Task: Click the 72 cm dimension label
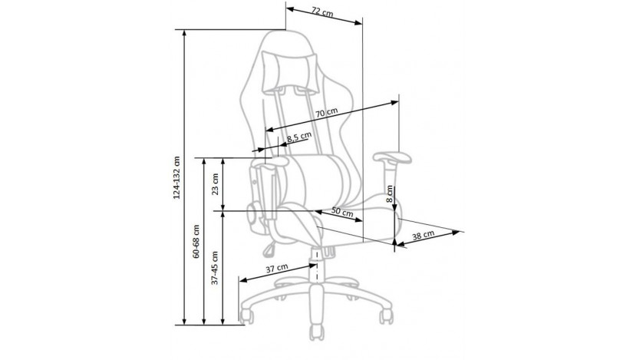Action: pyautogui.click(x=322, y=12)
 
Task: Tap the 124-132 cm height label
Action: pyautogui.click(x=176, y=177)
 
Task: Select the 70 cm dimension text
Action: pyautogui.click(x=326, y=113)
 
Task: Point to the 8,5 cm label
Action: pyautogui.click(x=299, y=137)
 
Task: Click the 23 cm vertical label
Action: pyautogui.click(x=215, y=184)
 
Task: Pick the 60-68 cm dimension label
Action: pyautogui.click(x=196, y=242)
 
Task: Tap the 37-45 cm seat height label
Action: pyautogui.click(x=215, y=268)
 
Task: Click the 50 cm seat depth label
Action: pyautogui.click(x=342, y=212)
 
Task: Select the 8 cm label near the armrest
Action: pyautogui.click(x=389, y=194)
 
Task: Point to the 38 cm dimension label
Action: pyautogui.click(x=423, y=235)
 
